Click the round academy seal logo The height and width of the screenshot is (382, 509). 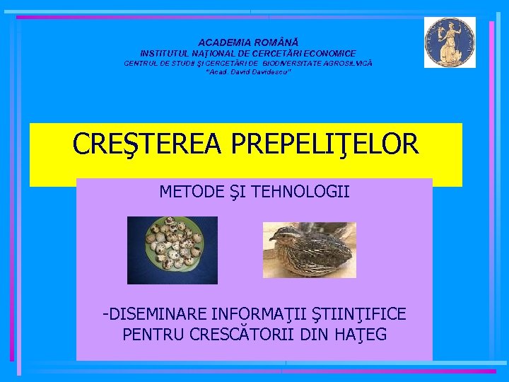coord(450,42)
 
